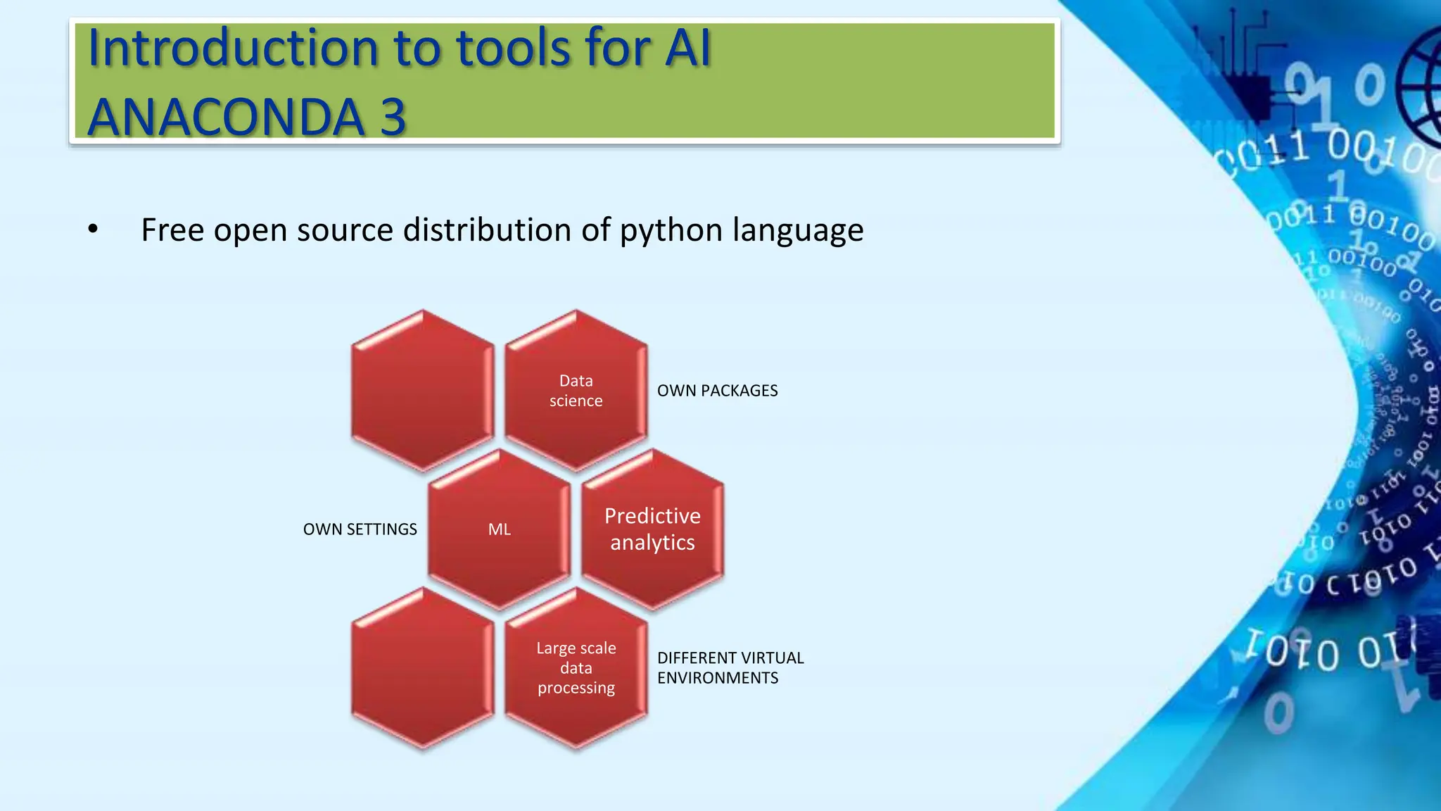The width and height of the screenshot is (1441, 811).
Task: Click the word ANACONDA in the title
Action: pyautogui.click(x=225, y=117)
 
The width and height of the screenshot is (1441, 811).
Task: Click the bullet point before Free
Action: pyautogui.click(x=93, y=230)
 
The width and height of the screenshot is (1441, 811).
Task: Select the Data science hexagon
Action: pyautogui.click(x=576, y=391)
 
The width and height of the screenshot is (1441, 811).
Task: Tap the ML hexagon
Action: pyautogui.click(x=500, y=529)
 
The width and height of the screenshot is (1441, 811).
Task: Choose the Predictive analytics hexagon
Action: pyautogui.click(x=652, y=529)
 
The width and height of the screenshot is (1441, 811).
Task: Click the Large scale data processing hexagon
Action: pyautogui.click(x=576, y=667)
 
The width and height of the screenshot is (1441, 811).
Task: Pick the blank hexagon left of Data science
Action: pyautogui.click(x=423, y=391)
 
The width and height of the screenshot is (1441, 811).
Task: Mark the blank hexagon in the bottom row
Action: pyautogui.click(x=423, y=667)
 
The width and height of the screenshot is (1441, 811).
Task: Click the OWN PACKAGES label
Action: pyautogui.click(x=717, y=391)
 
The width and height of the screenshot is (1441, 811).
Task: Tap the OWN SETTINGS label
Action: pyautogui.click(x=360, y=529)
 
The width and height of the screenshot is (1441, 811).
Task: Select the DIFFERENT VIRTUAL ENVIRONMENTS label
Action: pyautogui.click(x=730, y=667)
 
